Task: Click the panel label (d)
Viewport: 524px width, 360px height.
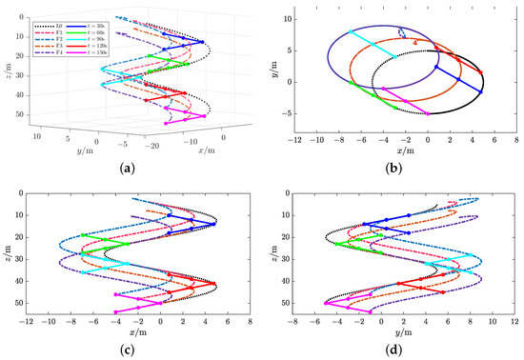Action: click(x=393, y=350)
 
